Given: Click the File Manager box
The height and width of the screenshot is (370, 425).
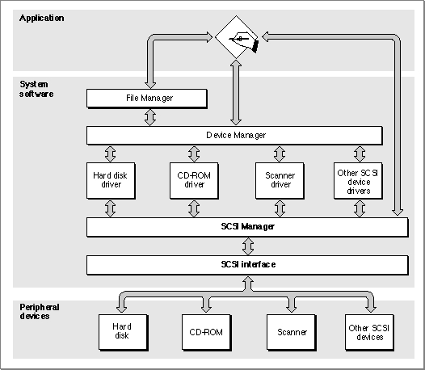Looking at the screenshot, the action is pos(147,99).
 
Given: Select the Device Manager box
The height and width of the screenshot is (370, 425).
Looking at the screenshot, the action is pos(235,136).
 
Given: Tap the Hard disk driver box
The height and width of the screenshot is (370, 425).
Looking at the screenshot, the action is pos(111,181).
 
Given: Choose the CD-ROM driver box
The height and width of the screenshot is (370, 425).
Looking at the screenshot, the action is pos(194,181).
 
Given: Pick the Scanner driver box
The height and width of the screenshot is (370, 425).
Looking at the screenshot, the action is pos(280,181).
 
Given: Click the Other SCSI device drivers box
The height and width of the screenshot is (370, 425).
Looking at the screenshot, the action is pos(358,181).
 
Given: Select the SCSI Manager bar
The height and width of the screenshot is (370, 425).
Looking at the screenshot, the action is pos(247,227).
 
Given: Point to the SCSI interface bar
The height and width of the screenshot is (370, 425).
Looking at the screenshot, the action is pos(247,265).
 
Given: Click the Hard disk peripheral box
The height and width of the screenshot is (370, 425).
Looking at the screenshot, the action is pos(124,333).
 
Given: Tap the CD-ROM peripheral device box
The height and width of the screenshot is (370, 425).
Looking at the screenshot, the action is pos(207,333).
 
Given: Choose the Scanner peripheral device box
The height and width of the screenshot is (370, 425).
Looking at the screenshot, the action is pos(292,333).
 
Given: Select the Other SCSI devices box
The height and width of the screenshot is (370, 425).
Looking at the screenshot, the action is pos(370,333).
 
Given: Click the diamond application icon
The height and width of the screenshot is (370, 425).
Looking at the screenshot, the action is pos(237,37).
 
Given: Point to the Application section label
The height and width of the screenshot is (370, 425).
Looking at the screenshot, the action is pos(42,18).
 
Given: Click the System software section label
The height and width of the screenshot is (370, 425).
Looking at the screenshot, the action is pos(36,89).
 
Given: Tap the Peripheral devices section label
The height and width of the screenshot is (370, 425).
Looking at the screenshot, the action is pos(40,312).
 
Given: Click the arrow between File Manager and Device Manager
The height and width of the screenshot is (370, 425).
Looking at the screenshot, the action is pos(150,117).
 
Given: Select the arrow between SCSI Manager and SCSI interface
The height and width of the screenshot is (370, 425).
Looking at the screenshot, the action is pos(248,246).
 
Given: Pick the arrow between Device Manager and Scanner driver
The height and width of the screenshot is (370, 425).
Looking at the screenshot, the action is pos(280,154).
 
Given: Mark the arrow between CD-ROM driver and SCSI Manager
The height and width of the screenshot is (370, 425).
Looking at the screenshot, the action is pos(194,208).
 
